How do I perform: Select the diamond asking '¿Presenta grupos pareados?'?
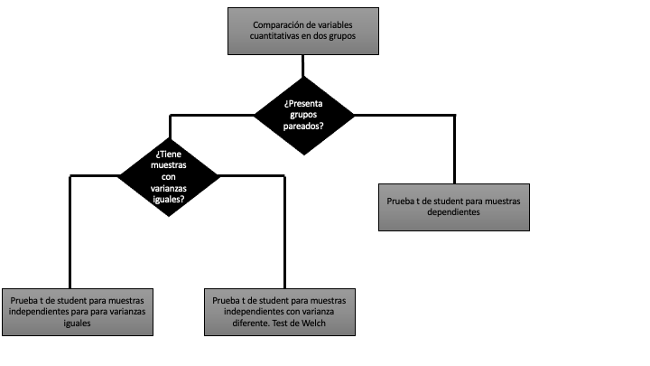click(303, 115)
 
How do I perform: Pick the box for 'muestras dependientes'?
click(454, 206)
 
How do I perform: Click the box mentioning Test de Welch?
click(278, 311)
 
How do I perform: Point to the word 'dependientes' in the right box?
click(453, 211)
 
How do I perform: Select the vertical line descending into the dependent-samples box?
click(454, 149)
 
